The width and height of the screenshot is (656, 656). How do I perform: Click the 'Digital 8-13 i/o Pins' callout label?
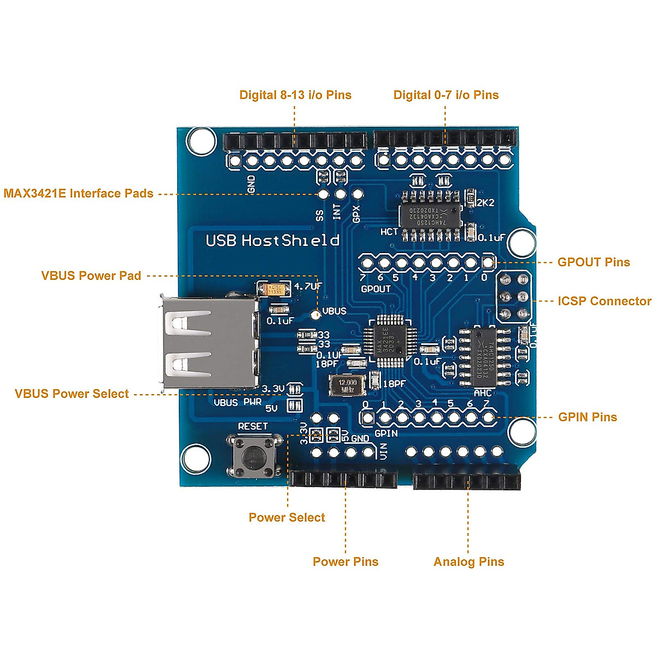pos(295,95)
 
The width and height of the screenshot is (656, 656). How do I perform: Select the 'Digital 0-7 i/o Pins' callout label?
pos(446,95)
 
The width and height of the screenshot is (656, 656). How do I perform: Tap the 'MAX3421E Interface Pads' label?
pos(78,194)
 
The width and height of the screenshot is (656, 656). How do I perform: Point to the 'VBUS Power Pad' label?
pos(91,276)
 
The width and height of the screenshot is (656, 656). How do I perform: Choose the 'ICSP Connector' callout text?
pos(604,301)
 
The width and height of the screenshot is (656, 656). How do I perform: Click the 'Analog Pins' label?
pos(468,561)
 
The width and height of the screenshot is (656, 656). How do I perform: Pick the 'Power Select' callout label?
pos(286,517)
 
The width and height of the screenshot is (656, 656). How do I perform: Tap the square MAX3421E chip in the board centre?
pos(390,340)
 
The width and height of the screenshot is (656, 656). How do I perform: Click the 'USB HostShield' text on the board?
pos(272,241)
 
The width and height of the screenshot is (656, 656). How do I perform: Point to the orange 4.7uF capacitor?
pos(274,289)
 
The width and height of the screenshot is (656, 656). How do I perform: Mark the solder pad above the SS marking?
pos(323,194)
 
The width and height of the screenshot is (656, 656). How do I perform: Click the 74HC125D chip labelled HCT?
pos(429,215)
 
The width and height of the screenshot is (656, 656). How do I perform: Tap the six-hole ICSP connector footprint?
pos(514,297)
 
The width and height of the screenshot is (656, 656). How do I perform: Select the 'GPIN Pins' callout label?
pos(587,417)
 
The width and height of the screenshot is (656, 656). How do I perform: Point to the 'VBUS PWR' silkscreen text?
pos(237,402)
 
